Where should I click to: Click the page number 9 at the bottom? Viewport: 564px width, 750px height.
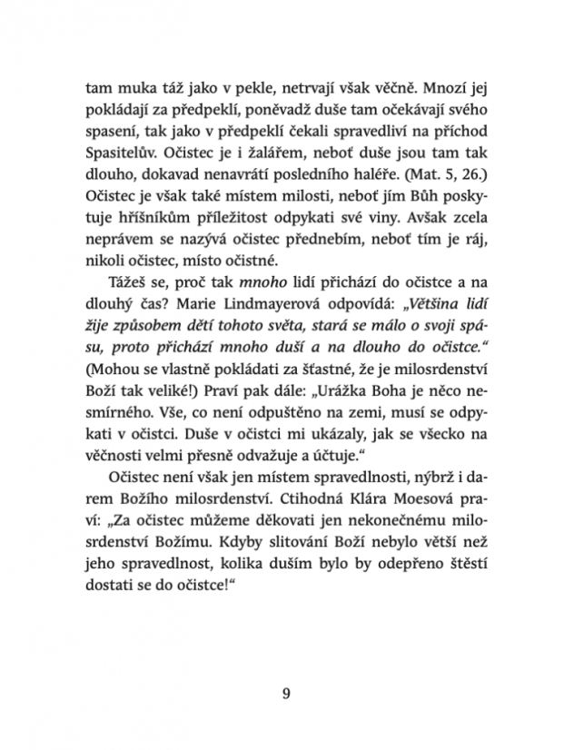286,696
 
